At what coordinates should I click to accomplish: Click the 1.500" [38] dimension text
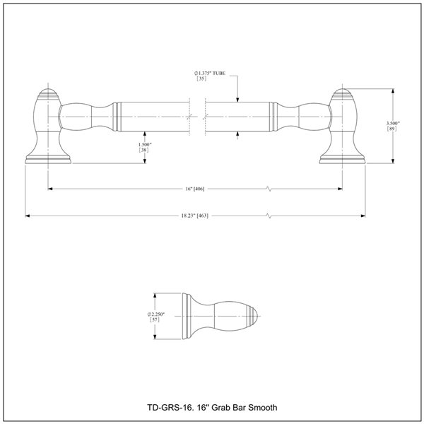click(144, 146)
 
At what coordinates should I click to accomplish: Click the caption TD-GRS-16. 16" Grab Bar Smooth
click(211, 407)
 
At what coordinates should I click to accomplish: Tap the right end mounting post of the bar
click(344, 127)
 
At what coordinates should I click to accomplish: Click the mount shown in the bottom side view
click(219, 315)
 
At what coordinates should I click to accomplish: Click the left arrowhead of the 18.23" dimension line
click(28, 215)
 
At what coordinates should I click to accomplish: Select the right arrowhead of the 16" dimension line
click(343, 189)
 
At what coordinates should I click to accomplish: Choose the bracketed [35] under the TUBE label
click(201, 80)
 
